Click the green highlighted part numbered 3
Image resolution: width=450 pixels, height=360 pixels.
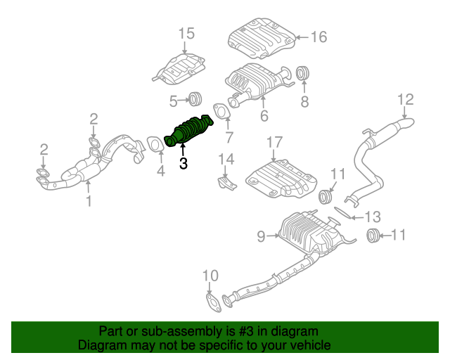coord(188,131)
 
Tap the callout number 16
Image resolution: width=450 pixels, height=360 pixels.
coord(319,36)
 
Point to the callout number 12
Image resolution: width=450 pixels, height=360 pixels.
coord(406,100)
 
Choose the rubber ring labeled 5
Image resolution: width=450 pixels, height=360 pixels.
coord(195,98)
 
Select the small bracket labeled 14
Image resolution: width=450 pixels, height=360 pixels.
coord(225,184)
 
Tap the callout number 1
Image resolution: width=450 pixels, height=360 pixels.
coord(89,203)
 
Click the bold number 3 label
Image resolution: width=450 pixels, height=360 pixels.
coord(184,165)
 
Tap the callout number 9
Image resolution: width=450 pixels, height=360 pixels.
coord(261,237)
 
